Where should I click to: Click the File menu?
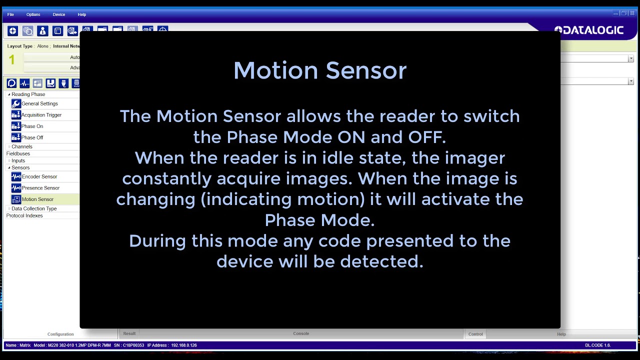(10, 14)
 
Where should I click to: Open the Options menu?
(33, 14)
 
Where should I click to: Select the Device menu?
(59, 14)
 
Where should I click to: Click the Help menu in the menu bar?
(82, 14)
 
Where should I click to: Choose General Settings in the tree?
(39, 103)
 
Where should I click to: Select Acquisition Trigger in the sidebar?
(41, 115)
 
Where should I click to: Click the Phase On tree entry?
(32, 126)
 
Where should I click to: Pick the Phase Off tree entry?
(32, 137)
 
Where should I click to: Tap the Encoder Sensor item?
(39, 176)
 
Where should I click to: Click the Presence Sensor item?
(40, 188)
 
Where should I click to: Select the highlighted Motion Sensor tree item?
(37, 199)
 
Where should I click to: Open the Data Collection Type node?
(34, 208)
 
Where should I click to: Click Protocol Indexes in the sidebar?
(24, 215)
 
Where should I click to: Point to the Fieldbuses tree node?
(18, 153)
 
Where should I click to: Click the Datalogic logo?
(589, 30)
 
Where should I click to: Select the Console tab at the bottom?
(301, 333)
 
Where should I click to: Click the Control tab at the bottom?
(475, 334)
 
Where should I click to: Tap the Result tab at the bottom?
(129, 333)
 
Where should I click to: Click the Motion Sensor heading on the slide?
(320, 70)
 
